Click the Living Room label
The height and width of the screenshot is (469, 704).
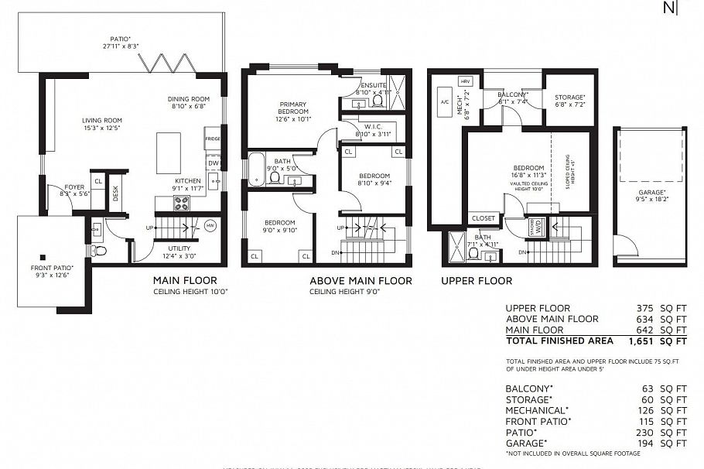(x=102, y=120)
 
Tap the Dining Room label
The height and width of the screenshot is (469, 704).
(x=189, y=98)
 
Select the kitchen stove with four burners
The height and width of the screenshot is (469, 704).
(x=181, y=203)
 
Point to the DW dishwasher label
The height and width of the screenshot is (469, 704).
(x=213, y=163)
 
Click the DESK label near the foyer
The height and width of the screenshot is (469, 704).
(x=116, y=193)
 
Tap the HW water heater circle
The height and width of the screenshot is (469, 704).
(x=210, y=226)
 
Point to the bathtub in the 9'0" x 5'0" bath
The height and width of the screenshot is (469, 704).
(x=256, y=169)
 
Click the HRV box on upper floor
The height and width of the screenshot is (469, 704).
(x=465, y=81)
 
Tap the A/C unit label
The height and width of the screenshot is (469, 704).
(x=444, y=102)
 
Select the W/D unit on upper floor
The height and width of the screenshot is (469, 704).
(x=537, y=227)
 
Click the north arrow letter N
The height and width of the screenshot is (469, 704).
(x=668, y=9)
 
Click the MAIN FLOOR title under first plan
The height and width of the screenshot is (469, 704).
(x=184, y=280)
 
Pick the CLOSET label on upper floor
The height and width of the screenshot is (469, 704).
(x=483, y=218)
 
